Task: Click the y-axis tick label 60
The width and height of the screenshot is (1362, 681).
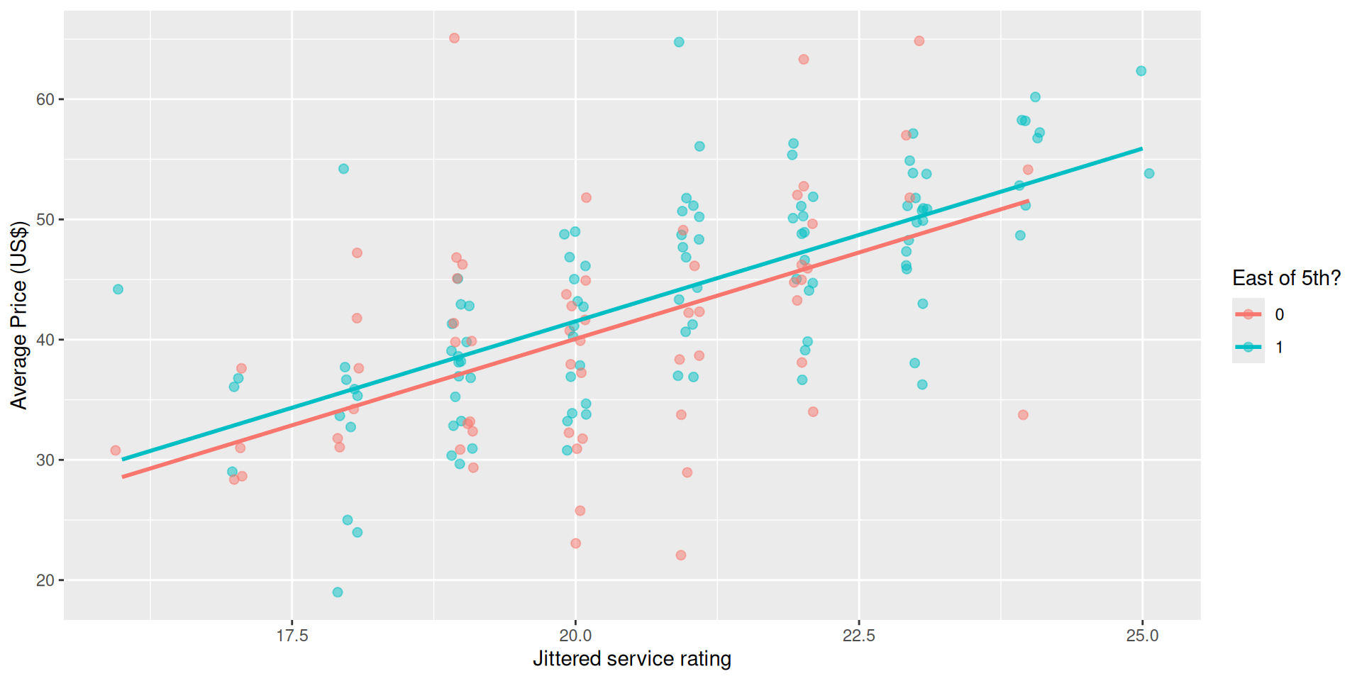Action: click(x=45, y=99)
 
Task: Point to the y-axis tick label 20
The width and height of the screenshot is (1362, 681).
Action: click(x=45, y=580)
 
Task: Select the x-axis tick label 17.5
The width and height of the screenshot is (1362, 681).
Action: click(x=292, y=636)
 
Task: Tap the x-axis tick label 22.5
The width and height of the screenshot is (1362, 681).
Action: click(x=859, y=636)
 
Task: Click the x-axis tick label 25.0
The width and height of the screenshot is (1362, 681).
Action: click(x=1142, y=636)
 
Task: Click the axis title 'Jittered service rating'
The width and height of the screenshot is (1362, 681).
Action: click(x=631, y=659)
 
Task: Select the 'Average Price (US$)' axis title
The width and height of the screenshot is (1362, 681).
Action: click(x=19, y=315)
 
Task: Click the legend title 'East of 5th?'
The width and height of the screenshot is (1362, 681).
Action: click(x=1286, y=278)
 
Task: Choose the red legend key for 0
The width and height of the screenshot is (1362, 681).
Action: click(x=1248, y=314)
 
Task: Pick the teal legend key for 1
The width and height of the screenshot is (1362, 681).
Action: click(x=1248, y=347)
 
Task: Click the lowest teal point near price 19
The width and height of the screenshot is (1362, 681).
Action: click(x=338, y=592)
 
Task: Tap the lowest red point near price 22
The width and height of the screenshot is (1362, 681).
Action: click(x=681, y=555)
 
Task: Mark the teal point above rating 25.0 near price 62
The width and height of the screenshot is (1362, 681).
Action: click(x=1141, y=71)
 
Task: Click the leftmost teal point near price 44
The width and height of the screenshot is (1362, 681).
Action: click(x=118, y=289)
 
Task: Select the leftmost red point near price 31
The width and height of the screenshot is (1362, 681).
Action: click(x=116, y=450)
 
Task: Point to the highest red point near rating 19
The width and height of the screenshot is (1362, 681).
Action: click(x=454, y=38)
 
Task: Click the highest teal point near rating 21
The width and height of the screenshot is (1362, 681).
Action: click(x=679, y=43)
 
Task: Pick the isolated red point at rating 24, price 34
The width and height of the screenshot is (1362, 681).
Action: click(x=1023, y=415)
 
